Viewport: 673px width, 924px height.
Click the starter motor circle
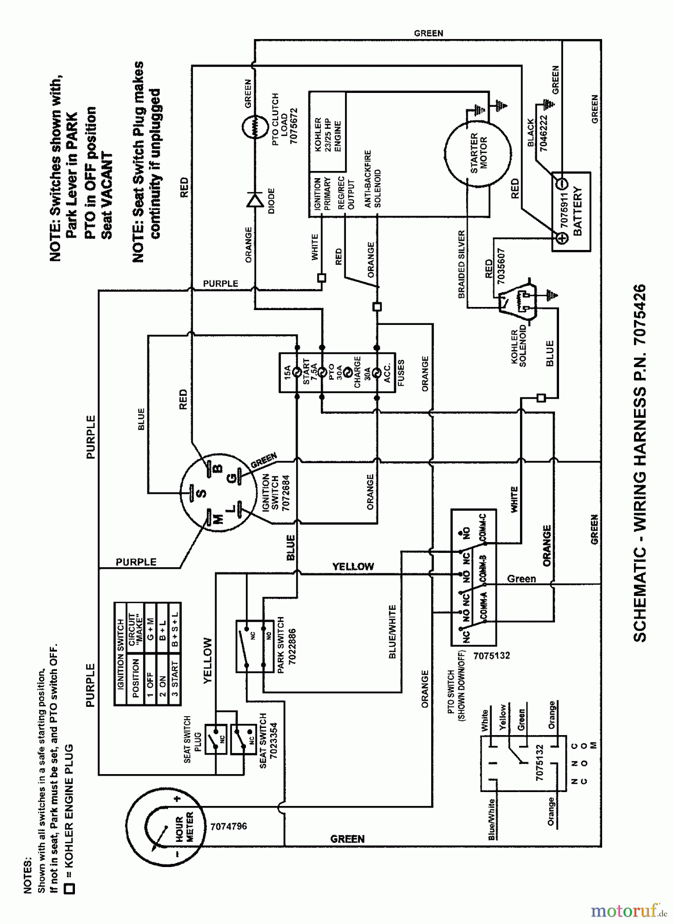tap(478, 153)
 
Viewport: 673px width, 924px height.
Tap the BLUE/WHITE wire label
tap(392, 631)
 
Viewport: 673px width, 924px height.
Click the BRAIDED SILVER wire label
tap(462, 264)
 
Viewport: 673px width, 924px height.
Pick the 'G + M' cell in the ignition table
tap(149, 621)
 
